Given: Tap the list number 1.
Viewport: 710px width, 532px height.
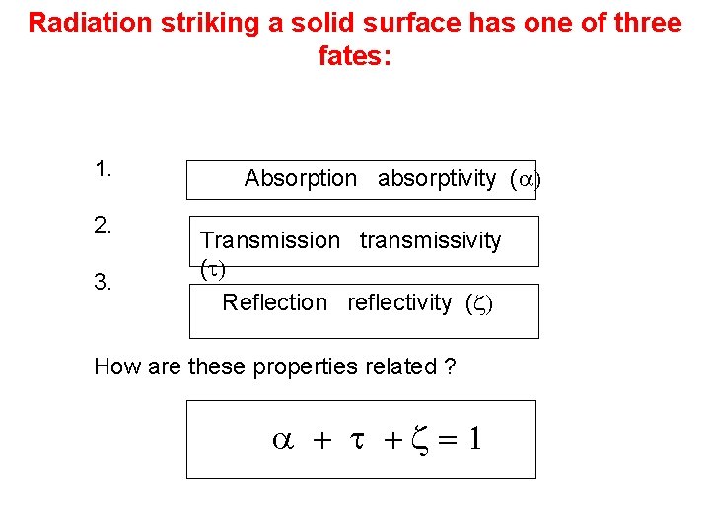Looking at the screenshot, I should coord(104,168).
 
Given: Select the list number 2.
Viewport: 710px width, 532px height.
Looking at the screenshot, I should coord(104,225).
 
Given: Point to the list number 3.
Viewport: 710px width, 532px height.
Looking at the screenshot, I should coord(104,283).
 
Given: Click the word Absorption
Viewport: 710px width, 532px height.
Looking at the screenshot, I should coord(301,178).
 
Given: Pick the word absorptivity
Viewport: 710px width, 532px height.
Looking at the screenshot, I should coord(437,178).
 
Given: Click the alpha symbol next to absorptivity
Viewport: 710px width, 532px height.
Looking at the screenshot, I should coord(525,179).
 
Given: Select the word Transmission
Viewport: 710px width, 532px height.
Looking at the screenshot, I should coord(269,240).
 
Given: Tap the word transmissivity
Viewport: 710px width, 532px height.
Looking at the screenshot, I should coord(430,240).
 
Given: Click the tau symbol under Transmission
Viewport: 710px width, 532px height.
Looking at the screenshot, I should coord(210,267).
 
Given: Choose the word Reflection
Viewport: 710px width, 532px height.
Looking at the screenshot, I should coord(274,302).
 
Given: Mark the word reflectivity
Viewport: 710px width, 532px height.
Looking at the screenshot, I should coord(399,302).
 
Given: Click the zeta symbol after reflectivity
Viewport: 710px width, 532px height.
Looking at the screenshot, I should coord(476,303).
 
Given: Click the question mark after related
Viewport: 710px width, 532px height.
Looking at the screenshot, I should coord(450,367).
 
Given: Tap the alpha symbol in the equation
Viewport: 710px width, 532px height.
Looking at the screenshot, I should coord(280,440).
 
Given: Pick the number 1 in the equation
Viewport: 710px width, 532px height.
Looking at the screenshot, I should coord(474,439).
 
